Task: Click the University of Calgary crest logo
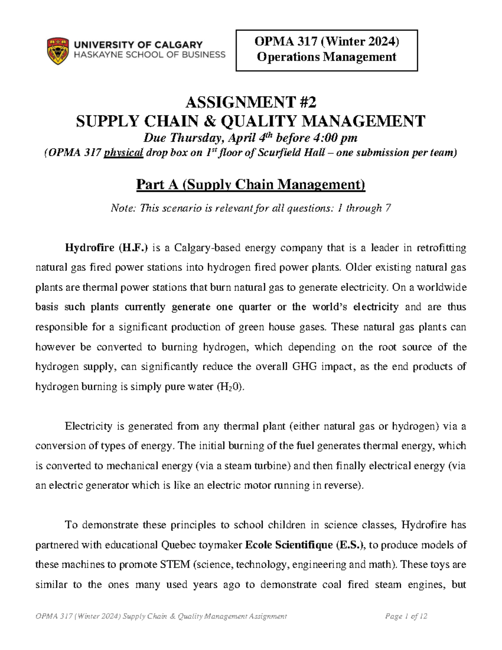pos(58,51)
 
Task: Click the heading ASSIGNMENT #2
pos(251,102)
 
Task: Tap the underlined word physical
pos(123,153)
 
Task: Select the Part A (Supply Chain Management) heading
pos(251,185)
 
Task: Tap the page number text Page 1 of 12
pos(406,616)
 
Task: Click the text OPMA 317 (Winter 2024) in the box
pos(327,41)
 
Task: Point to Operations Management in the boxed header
pos(327,57)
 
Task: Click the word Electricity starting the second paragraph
pos(89,426)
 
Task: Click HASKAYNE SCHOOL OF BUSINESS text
pos(149,54)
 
